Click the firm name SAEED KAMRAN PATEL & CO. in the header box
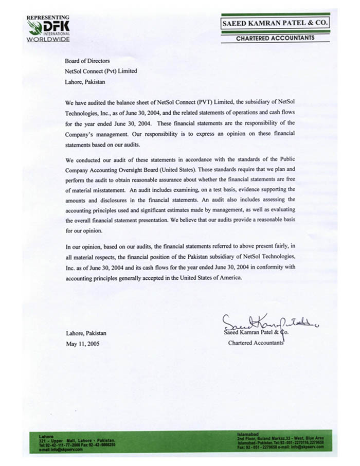click(275, 23)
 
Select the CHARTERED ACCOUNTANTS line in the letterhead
click(275, 38)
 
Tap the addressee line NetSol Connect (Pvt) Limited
click(101, 71)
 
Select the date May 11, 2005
click(82, 344)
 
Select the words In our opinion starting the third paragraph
click(85, 245)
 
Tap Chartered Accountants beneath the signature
click(256, 343)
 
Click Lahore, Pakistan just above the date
click(86, 333)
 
